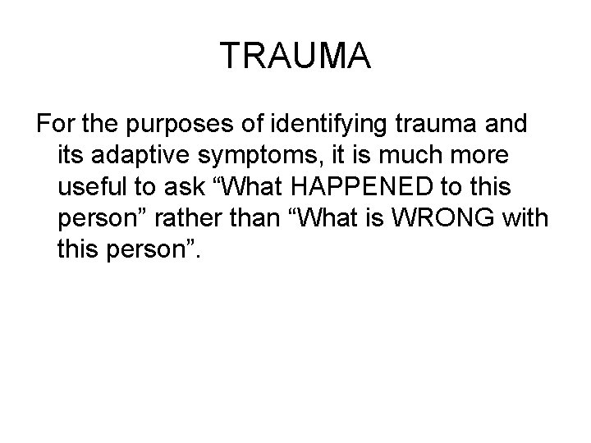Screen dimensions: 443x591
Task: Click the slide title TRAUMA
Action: point(295,57)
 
